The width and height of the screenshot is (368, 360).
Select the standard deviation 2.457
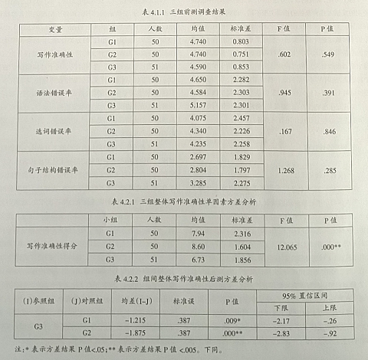[x=242, y=118]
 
